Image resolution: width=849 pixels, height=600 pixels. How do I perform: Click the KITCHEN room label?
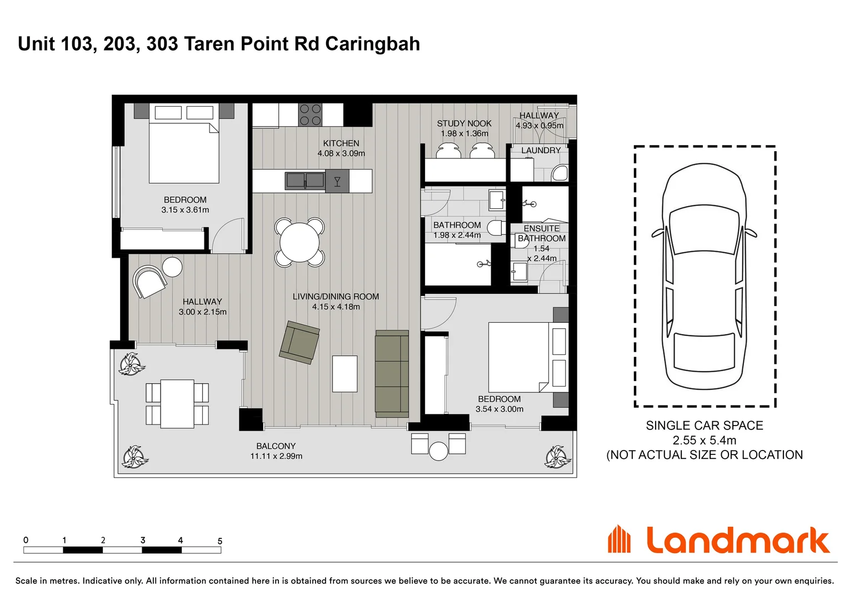341,143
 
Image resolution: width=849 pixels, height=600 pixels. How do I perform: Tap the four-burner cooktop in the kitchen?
311,115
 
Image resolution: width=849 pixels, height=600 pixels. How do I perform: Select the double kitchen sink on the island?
305,181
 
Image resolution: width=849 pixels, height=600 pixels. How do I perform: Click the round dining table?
299,243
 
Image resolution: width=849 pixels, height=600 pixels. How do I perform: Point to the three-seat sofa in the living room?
392,374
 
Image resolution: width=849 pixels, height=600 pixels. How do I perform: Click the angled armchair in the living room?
299,343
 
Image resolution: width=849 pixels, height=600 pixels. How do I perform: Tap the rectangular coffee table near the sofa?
345,374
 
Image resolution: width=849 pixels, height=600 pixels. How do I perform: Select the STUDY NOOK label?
464,123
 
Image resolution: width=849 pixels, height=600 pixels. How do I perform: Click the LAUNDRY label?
541,151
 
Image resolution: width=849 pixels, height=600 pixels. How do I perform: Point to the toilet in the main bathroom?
496,228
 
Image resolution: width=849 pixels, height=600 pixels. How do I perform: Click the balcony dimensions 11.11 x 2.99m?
276,456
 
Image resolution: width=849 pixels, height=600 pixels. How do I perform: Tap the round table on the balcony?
438,451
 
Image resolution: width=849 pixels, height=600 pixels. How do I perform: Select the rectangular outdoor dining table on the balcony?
177,404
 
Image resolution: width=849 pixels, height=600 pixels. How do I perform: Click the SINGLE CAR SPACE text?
704,426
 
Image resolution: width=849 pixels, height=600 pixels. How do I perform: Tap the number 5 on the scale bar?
220,541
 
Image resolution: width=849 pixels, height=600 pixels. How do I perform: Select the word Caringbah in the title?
373,44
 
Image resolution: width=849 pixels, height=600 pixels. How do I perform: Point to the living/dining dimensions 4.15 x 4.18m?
336,307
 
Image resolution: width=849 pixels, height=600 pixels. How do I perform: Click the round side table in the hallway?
172,267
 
